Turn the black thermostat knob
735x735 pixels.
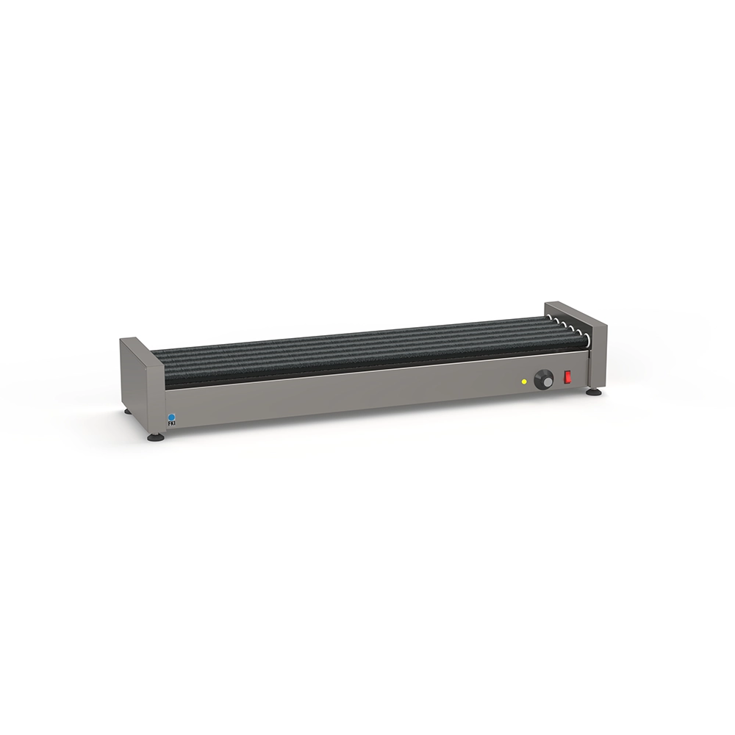coord(544,379)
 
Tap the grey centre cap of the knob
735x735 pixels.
coord(546,382)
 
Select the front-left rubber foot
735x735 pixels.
coord(154,437)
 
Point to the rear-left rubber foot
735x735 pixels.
coord(127,412)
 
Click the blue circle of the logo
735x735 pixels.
coord(171,417)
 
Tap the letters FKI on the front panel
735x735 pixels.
coord(171,424)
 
